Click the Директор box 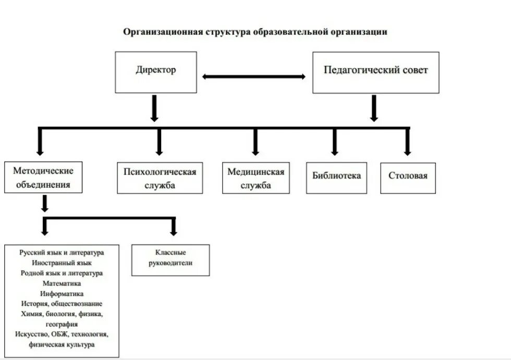(x=156, y=72)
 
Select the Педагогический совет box (x=375, y=72)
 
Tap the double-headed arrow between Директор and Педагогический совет (x=254, y=77)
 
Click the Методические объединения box (x=43, y=177)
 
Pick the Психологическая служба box (x=160, y=178)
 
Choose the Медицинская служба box (x=256, y=178)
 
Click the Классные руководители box (x=171, y=260)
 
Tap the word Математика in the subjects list (x=62, y=283)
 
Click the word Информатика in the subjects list (x=62, y=294)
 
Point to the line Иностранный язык (x=62, y=263)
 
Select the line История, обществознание (x=62, y=304)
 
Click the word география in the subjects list (x=62, y=324)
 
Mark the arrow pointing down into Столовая (x=408, y=142)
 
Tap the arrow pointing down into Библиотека (x=335, y=142)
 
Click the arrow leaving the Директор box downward (x=154, y=108)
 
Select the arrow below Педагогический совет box (x=374, y=108)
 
